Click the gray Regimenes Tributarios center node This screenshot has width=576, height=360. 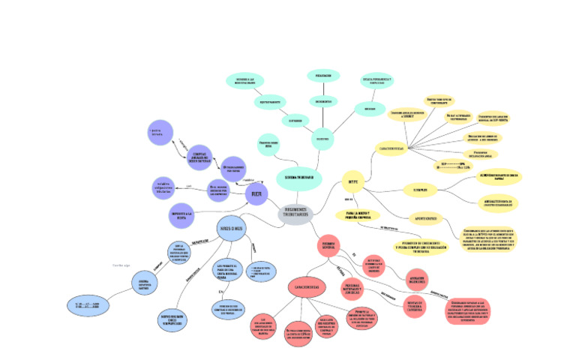pos(298,213)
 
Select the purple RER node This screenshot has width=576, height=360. pos(256,194)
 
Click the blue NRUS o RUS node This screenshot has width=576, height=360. pos(231,227)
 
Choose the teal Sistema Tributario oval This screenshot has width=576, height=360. pos(299,177)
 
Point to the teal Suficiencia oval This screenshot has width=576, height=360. pos(295,120)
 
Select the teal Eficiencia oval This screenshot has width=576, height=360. pos(369,109)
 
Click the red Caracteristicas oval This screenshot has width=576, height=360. pos(308,286)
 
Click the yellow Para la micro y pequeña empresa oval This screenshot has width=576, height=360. pos(364,214)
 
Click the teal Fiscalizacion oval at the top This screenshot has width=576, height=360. pos(323,76)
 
